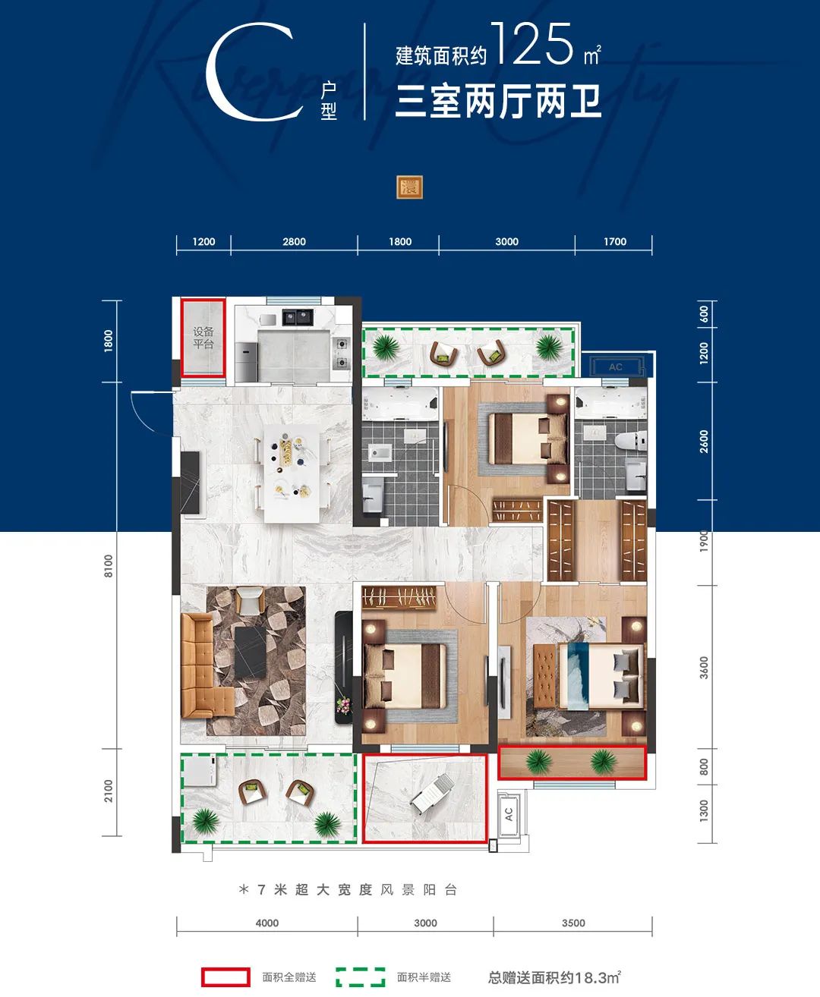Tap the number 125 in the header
[x=531, y=45]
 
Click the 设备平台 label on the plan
[x=203, y=338]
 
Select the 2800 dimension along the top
[x=294, y=242]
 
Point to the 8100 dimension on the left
[x=109, y=565]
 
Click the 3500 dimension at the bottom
[x=573, y=923]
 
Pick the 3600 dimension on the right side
[x=704, y=668]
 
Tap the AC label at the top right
[x=616, y=367]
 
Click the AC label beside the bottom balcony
[x=509, y=813]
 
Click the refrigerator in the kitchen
[x=247, y=360]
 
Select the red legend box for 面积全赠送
[x=225, y=977]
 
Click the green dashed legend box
[x=361, y=977]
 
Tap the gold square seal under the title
[x=409, y=187]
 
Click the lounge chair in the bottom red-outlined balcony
[x=435, y=794]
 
